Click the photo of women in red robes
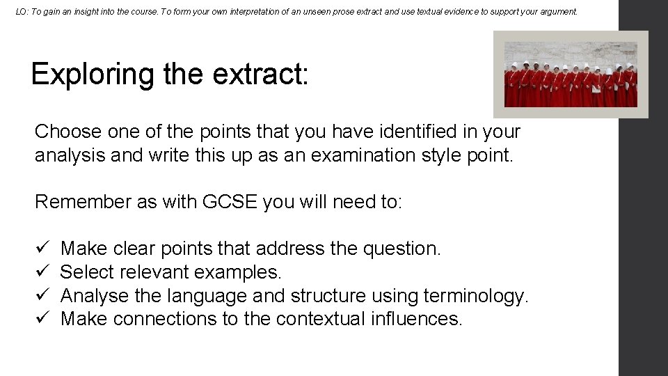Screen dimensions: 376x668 pos(571,75)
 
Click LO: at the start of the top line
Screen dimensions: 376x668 pos(22,12)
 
